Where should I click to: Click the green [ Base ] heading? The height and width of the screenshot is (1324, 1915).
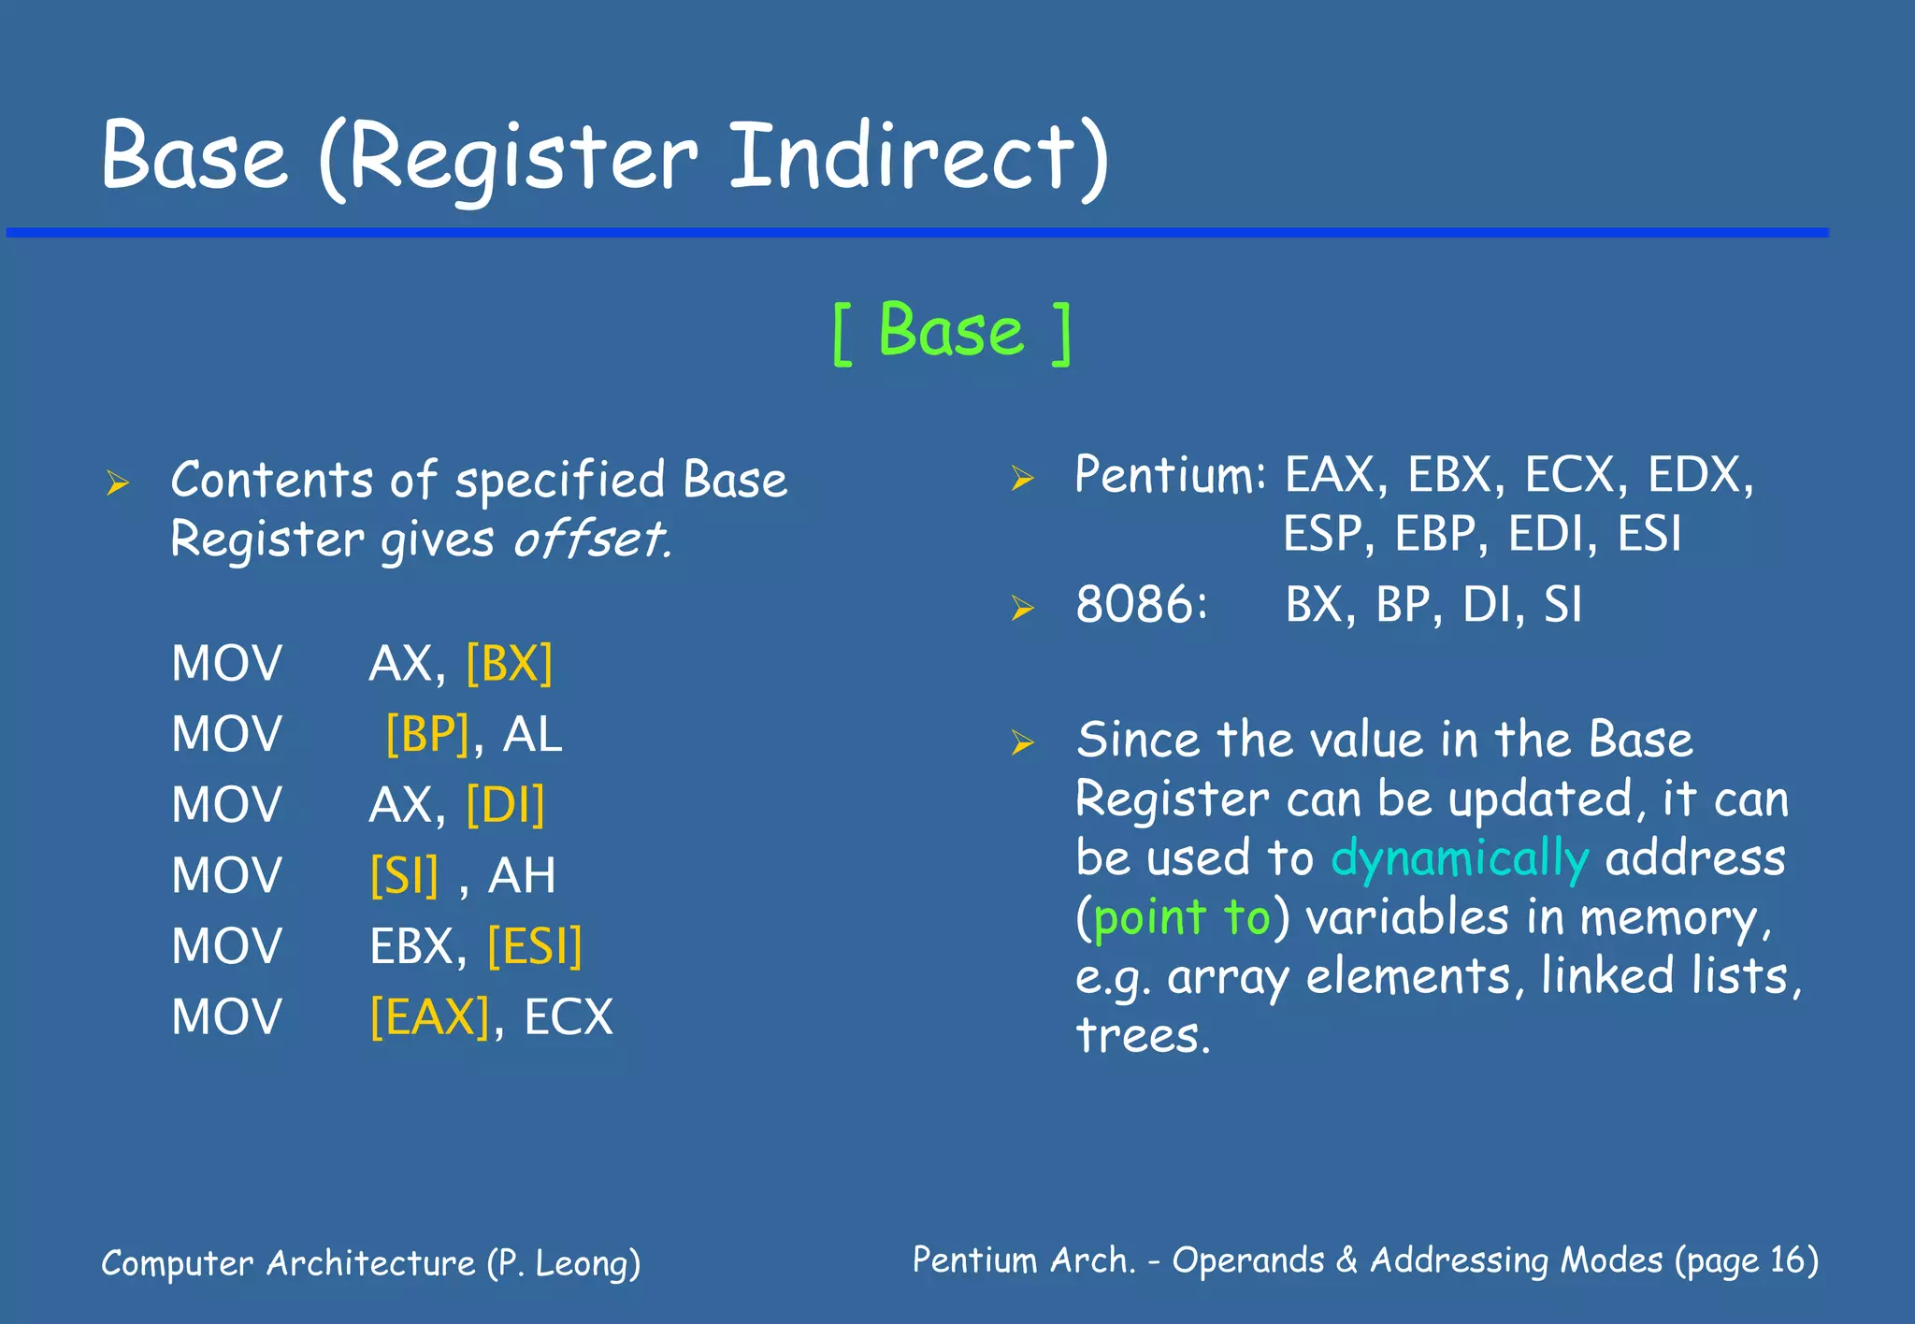point(951,332)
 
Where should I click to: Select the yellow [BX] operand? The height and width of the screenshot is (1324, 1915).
point(509,664)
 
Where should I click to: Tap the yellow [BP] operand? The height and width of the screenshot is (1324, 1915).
point(427,734)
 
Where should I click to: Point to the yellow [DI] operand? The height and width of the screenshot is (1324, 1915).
point(505,805)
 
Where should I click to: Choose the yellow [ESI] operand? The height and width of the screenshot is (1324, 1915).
point(535,946)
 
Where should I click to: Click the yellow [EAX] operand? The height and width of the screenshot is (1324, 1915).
point(429,1017)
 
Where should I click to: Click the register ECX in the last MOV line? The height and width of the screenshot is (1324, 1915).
point(569,1017)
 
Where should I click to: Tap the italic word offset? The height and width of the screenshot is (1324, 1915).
point(592,540)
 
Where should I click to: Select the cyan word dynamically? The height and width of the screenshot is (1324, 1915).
point(1460,858)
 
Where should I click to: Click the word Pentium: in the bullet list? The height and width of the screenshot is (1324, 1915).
point(1170,475)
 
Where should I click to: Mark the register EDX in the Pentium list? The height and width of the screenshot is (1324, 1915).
point(1699,475)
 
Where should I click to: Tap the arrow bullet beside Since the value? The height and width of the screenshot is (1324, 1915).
point(1022,743)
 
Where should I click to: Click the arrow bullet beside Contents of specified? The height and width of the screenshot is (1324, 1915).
point(117,483)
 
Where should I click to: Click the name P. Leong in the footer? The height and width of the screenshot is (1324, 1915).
point(563,1263)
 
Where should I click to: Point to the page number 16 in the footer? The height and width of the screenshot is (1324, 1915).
point(1788,1260)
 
